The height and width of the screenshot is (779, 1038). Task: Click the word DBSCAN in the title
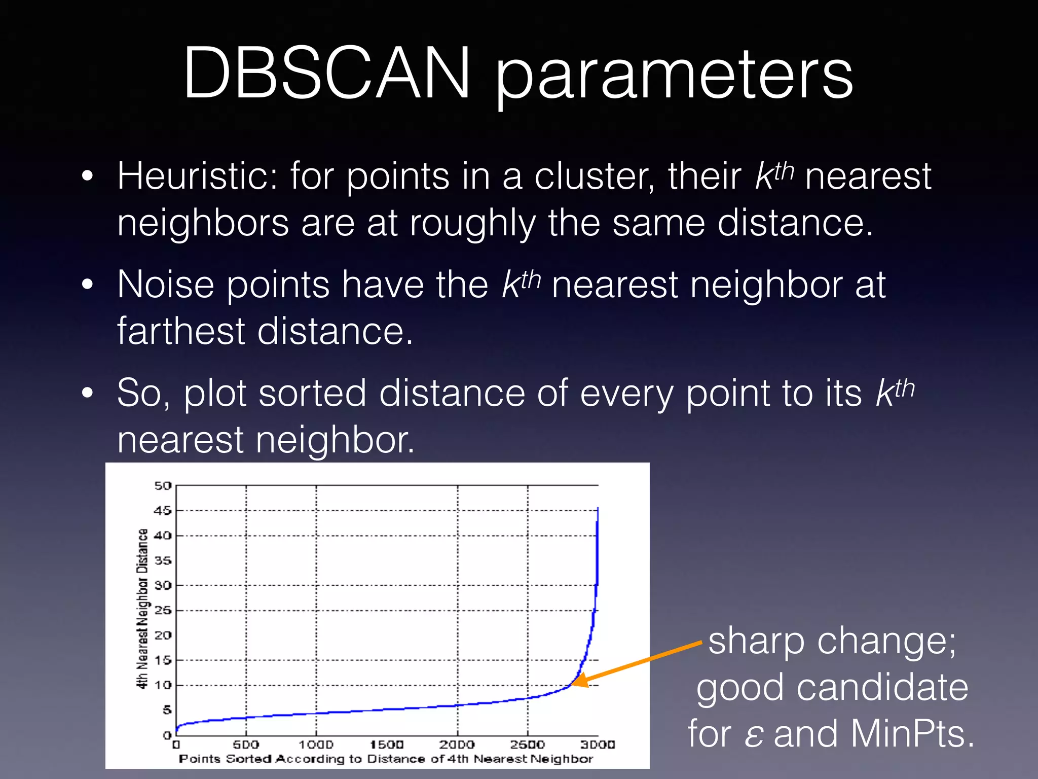(x=327, y=74)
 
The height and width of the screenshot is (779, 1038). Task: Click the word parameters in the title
(x=674, y=76)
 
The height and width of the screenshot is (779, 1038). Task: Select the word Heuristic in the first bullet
(x=198, y=176)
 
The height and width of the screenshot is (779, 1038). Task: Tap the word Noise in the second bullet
(x=165, y=285)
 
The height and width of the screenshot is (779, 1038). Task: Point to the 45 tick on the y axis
(x=163, y=511)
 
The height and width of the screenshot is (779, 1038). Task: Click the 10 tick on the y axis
(x=163, y=685)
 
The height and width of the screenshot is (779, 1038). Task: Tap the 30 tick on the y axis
(x=163, y=585)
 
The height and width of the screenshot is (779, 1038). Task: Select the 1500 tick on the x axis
(x=387, y=745)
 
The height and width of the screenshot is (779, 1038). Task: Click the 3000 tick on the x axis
(x=598, y=745)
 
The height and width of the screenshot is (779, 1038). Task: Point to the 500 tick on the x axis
(x=246, y=745)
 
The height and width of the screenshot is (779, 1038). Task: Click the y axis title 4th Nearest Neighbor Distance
(x=143, y=609)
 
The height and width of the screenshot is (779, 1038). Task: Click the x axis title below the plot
(x=386, y=759)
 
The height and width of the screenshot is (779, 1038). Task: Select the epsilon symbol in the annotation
(x=754, y=735)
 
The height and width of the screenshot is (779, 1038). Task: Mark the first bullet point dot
(x=88, y=176)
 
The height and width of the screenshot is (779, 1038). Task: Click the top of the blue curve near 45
(x=598, y=509)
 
